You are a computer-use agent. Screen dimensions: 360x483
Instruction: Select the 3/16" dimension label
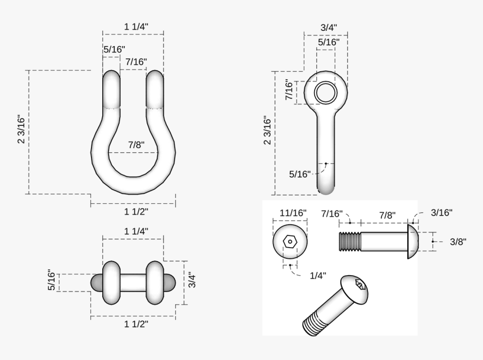tap(441, 212)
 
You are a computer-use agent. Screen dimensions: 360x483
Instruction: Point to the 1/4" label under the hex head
tap(317, 275)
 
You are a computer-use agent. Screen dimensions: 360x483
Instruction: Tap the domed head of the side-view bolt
tap(412, 241)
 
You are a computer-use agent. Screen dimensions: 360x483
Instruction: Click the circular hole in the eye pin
tap(325, 93)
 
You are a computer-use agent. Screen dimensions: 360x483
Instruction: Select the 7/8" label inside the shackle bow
tap(136, 145)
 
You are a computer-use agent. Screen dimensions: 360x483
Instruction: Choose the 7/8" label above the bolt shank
tap(387, 215)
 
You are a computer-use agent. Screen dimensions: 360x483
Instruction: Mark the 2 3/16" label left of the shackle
tap(22, 129)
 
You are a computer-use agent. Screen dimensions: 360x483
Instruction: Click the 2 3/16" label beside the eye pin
tap(268, 130)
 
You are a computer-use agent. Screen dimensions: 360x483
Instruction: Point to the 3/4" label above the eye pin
tap(329, 28)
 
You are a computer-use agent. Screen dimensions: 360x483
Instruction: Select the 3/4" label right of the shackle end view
tap(192, 280)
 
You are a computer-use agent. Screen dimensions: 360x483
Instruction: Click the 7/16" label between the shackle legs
tap(136, 62)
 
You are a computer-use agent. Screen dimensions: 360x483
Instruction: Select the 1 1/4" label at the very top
tap(136, 26)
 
